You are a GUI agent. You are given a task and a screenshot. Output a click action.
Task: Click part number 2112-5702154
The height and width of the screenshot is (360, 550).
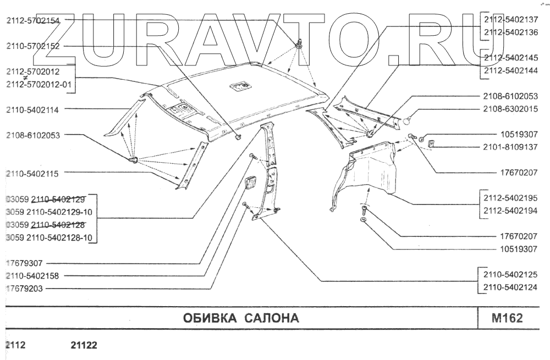33,20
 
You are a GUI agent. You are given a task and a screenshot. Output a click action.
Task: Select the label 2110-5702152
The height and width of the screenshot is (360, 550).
33,47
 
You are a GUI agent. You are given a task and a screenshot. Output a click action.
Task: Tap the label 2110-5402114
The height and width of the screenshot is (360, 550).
33,109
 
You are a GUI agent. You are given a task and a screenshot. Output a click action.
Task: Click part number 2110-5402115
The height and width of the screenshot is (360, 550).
33,173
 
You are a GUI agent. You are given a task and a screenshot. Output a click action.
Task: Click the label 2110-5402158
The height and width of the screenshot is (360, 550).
33,275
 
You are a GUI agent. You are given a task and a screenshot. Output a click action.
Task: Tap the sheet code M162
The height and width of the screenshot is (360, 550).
507,318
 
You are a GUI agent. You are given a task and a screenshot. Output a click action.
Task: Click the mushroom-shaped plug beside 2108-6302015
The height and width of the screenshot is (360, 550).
408,117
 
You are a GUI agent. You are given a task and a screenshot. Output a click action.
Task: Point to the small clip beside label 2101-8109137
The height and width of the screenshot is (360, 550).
431,144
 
